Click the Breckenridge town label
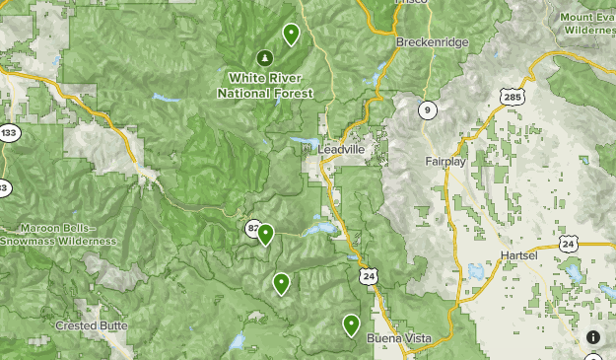point(431,42)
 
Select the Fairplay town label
point(445,161)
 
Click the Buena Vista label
point(398,338)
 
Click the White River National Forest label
point(265,85)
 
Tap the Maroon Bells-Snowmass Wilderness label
point(58,234)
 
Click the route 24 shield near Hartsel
point(568,243)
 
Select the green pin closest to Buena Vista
point(351,324)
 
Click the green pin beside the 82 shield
point(265,234)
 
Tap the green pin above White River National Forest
point(291,34)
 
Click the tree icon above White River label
point(264,57)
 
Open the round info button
point(593,337)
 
